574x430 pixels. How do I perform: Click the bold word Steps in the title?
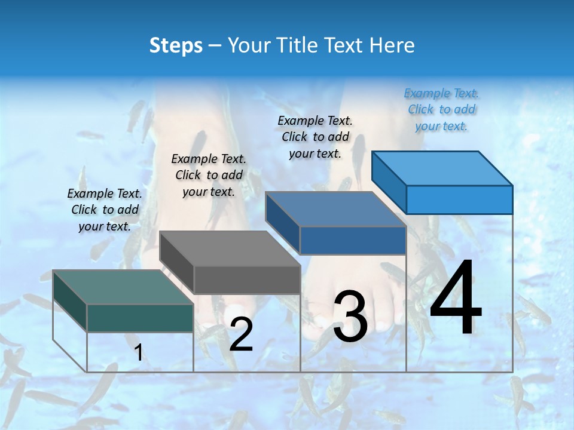(176, 45)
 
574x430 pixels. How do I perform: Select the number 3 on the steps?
(350, 317)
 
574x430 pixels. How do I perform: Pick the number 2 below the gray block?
(241, 335)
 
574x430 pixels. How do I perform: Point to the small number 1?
(139, 352)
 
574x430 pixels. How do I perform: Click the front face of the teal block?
(140, 318)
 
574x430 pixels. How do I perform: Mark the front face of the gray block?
(247, 279)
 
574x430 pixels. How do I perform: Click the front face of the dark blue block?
(353, 240)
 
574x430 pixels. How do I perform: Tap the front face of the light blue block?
(459, 199)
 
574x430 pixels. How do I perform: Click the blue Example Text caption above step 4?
(442, 109)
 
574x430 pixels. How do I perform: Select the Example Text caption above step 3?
(315, 137)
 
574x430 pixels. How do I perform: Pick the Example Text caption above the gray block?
(209, 175)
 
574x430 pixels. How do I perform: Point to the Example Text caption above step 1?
(105, 210)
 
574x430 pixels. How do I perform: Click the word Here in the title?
(393, 45)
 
